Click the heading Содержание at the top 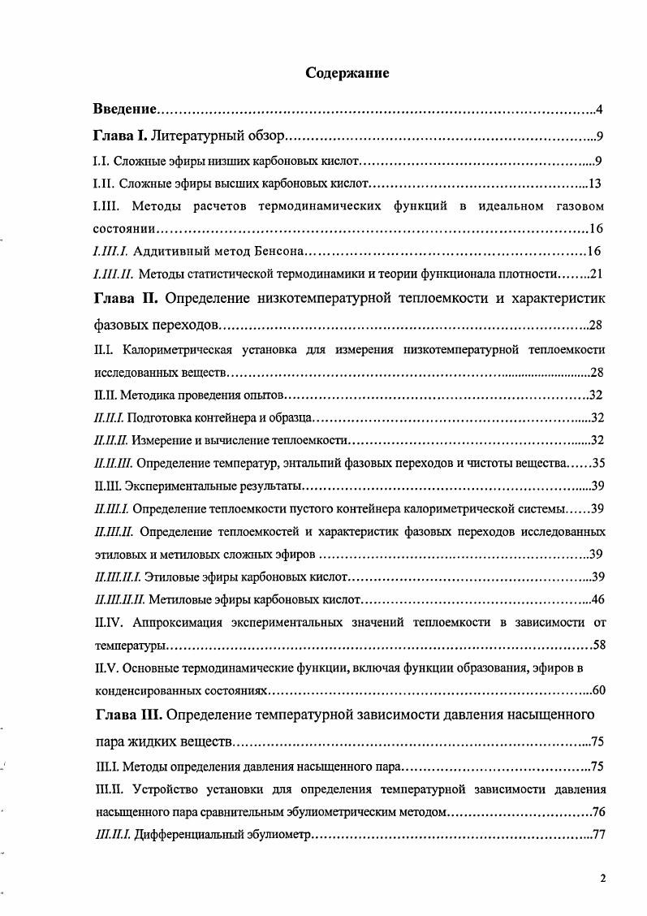click(x=347, y=73)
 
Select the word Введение click(x=124, y=109)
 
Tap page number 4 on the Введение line click(x=598, y=109)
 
